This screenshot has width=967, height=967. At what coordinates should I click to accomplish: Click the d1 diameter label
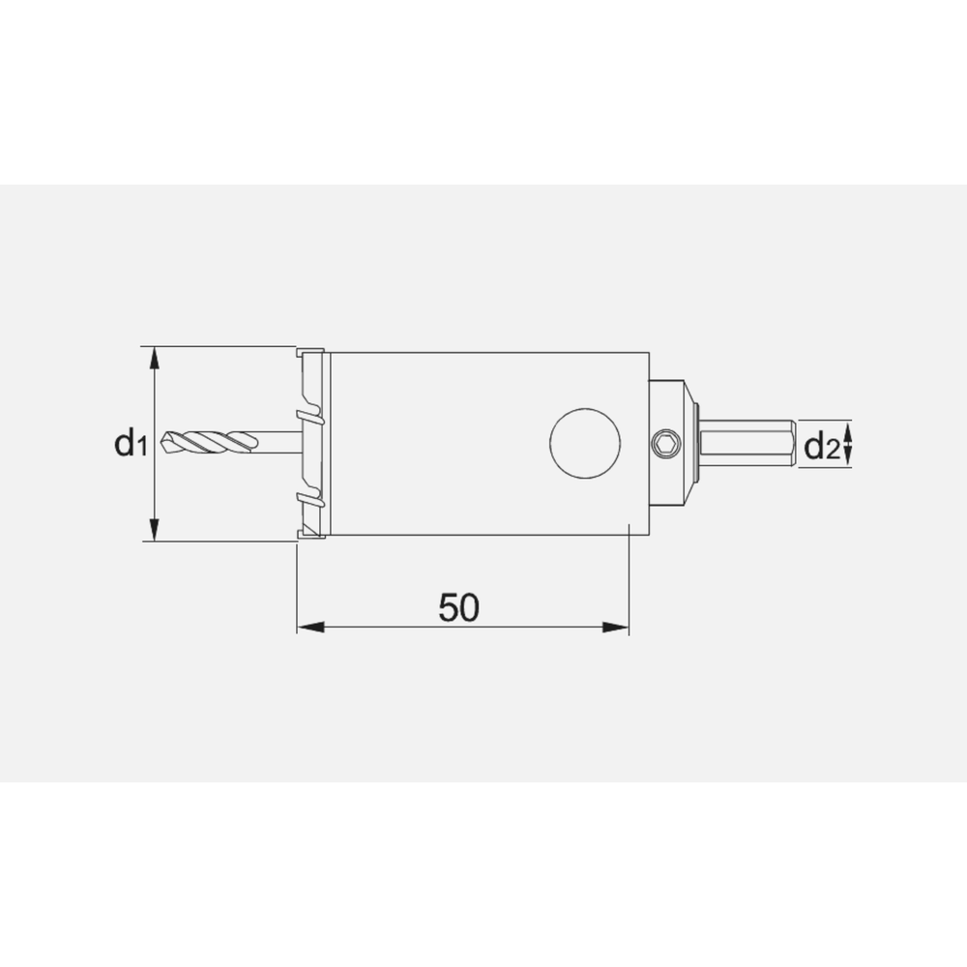coord(129,444)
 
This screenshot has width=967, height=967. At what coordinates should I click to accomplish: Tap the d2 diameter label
coord(821,446)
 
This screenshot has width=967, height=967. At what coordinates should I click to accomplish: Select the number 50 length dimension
coord(459,607)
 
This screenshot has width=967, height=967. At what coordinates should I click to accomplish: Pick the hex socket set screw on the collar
coord(665,444)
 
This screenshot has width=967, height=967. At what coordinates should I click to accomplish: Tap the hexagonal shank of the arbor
coord(747,444)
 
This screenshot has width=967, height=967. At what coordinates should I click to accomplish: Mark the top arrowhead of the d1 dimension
coord(155,360)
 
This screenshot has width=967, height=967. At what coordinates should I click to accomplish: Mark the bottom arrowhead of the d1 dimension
coord(155,528)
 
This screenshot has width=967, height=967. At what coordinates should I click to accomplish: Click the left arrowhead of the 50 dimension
coord(309,628)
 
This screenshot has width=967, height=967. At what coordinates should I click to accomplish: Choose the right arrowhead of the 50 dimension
coord(616,628)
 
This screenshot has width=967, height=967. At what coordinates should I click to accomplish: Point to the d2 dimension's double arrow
coord(848,445)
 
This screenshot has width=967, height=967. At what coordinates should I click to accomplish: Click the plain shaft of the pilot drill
coord(278,443)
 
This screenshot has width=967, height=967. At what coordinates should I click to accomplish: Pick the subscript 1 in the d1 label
coord(141,449)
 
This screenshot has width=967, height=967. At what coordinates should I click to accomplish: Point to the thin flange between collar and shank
coord(695,444)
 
